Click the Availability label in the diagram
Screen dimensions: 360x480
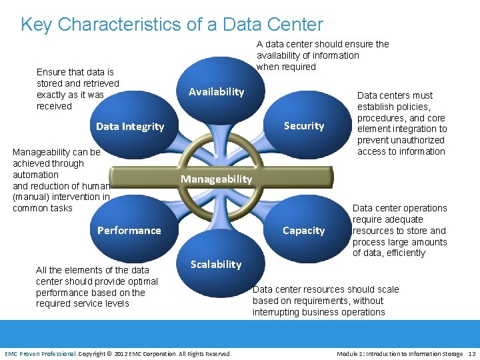click(x=216, y=92)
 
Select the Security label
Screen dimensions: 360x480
click(x=303, y=126)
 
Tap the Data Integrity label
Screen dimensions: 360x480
click(x=130, y=127)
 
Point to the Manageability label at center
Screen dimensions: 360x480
click(x=216, y=179)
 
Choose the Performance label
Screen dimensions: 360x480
click(x=129, y=231)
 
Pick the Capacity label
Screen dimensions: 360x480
click(x=303, y=231)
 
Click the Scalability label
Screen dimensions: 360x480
click(x=216, y=265)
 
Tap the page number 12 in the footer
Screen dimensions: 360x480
click(x=472, y=353)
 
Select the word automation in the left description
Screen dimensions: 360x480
click(x=35, y=175)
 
